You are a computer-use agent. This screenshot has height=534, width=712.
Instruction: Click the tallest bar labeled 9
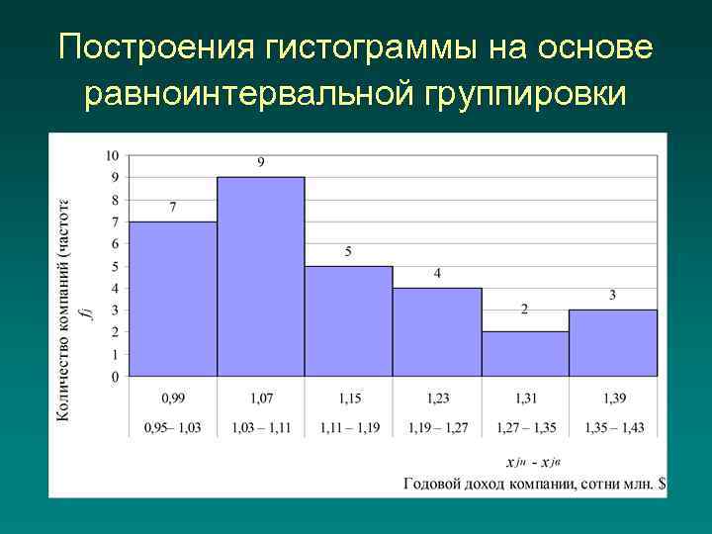(x=261, y=277)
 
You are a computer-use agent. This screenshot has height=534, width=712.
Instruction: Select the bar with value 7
(x=173, y=299)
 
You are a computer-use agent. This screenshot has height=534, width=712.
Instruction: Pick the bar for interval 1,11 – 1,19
(x=348, y=321)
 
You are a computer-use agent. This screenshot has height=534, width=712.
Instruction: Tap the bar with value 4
(x=436, y=332)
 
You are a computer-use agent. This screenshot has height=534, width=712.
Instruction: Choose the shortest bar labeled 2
(x=524, y=354)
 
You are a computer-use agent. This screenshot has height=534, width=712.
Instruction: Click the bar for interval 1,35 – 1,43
(x=612, y=343)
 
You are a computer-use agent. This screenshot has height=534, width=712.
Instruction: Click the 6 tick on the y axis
(x=115, y=244)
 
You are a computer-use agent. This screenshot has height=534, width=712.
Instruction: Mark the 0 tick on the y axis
(x=115, y=377)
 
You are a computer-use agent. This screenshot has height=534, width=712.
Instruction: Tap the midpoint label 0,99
(x=173, y=398)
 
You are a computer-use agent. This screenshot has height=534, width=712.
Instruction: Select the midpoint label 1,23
(x=436, y=398)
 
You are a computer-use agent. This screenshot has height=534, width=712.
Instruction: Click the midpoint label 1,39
(x=612, y=398)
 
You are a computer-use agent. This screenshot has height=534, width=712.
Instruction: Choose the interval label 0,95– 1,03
(x=173, y=428)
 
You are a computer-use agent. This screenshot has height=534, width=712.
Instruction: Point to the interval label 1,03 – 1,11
(x=261, y=428)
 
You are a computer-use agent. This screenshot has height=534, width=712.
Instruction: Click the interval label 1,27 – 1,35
(x=524, y=428)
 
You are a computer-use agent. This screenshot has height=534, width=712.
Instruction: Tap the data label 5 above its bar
(x=348, y=252)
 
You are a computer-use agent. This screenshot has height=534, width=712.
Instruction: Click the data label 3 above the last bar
(x=612, y=295)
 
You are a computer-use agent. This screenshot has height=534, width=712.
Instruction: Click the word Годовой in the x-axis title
(x=432, y=484)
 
